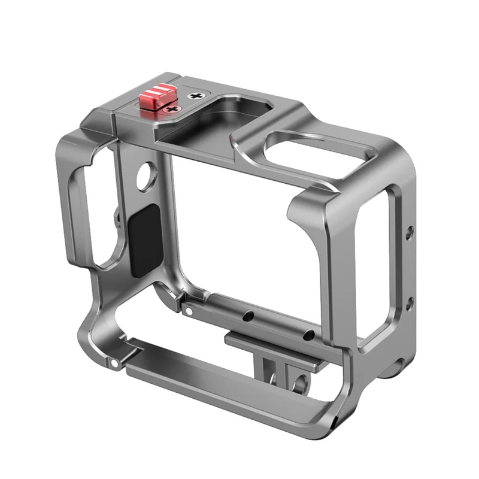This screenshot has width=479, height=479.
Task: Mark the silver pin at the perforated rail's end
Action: coord(189,311)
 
